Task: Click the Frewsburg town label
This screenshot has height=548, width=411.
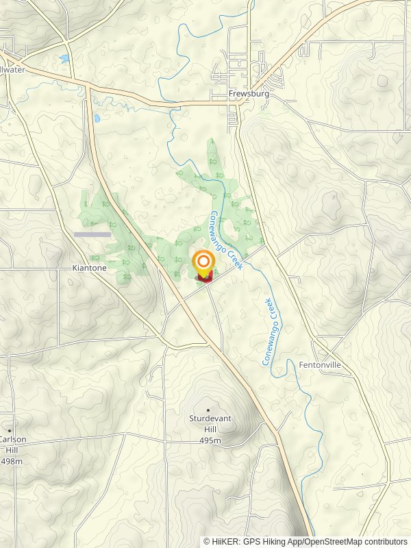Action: (249, 94)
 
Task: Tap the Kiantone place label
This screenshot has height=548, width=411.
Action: (89, 268)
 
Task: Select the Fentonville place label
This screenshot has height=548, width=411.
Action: (319, 365)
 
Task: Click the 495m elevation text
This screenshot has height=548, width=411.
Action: (208, 440)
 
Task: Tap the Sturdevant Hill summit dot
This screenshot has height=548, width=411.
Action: (208, 409)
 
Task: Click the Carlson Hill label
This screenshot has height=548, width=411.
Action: (11, 445)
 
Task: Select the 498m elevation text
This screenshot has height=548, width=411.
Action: (12, 461)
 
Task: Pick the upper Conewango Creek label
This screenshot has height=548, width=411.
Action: (227, 240)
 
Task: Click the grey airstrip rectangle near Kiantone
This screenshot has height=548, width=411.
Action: (92, 234)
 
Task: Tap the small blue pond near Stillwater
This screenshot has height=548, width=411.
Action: (64, 59)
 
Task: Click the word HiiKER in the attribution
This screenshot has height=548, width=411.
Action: (225, 541)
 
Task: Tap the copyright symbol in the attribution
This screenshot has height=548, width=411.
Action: (207, 541)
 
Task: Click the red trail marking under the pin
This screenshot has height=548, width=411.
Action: (204, 277)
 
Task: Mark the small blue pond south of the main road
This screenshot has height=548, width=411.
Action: (97, 119)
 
